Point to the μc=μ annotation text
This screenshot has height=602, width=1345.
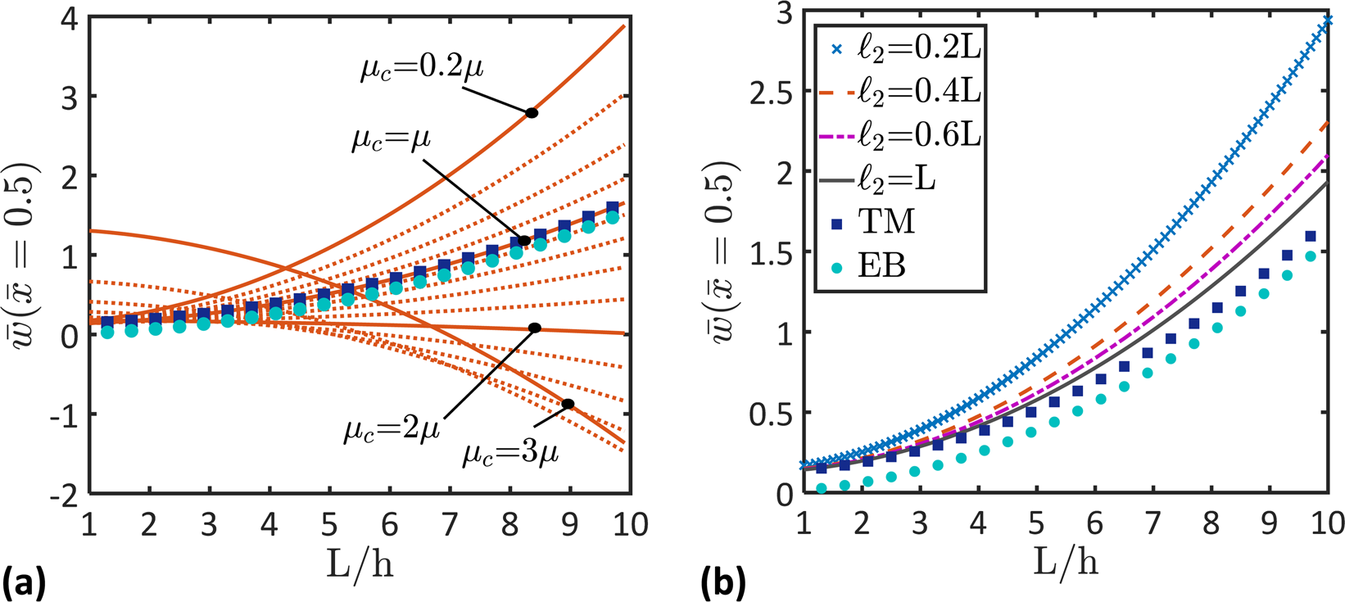click(x=391, y=139)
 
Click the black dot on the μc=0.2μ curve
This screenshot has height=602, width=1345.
click(x=532, y=113)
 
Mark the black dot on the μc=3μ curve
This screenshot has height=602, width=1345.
click(x=567, y=404)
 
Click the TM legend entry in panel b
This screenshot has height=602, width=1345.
click(x=870, y=221)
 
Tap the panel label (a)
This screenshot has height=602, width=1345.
click(x=23, y=582)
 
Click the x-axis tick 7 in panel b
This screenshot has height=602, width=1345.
click(x=1153, y=523)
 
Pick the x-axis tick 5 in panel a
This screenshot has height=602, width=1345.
click(x=329, y=523)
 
